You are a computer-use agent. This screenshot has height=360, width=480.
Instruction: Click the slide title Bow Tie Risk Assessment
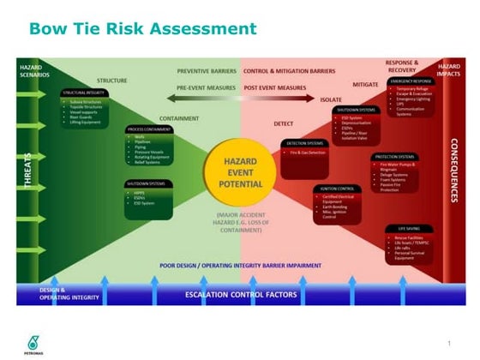click(x=143, y=29)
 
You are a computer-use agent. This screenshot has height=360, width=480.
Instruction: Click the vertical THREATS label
click(x=28, y=172)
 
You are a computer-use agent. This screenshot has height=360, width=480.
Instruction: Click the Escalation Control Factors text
click(x=240, y=295)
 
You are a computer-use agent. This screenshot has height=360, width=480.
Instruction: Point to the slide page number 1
click(x=448, y=343)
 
